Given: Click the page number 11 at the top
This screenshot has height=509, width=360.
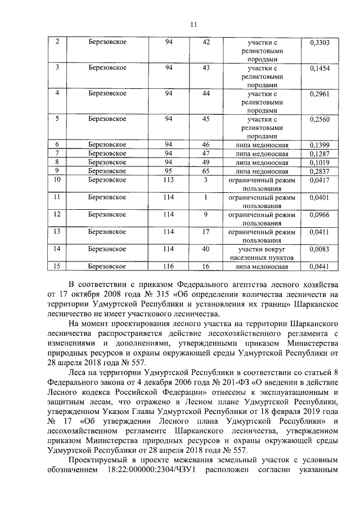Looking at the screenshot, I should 193,24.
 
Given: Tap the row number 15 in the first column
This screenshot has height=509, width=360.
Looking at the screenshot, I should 56,266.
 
